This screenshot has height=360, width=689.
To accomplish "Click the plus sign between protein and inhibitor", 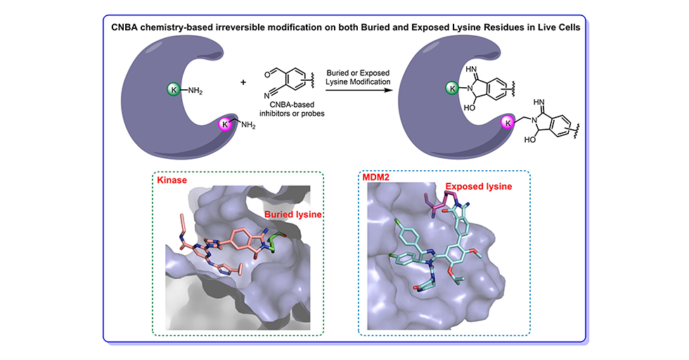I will (244, 82).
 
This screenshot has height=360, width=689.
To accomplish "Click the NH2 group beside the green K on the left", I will (195, 89).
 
